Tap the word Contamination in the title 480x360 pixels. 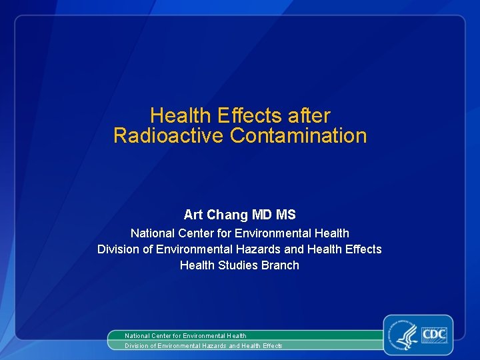298,136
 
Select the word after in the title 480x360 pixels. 309,116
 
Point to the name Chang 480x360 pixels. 227,215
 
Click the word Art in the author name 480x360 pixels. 193,215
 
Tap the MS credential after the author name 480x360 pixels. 287,215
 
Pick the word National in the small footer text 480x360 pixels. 138,336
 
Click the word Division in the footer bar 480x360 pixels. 137,346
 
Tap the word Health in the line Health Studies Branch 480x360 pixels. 197,265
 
